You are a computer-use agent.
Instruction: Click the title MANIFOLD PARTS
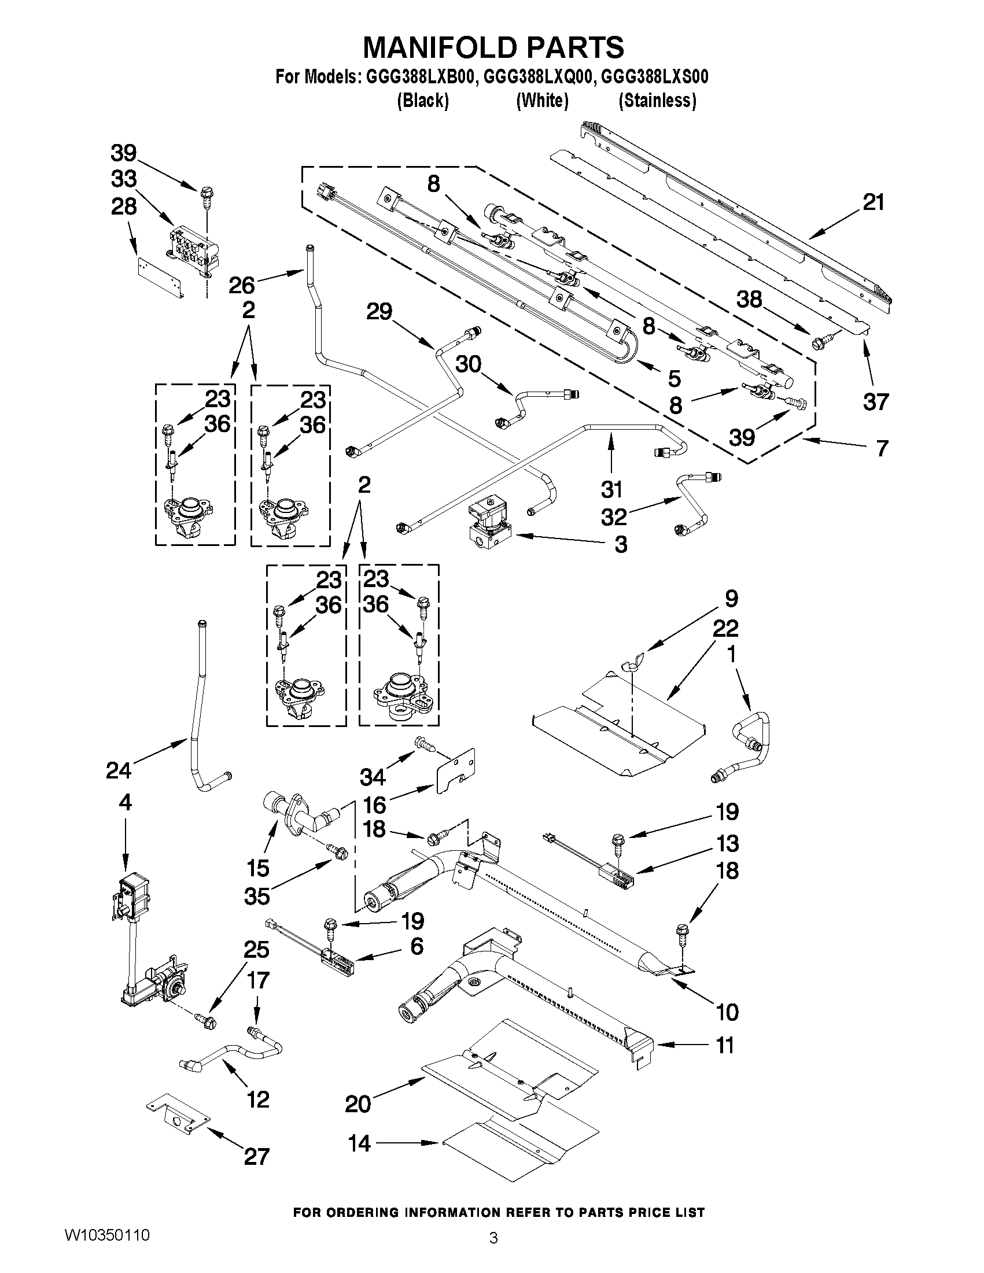(493, 47)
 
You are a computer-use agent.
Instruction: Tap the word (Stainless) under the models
(657, 101)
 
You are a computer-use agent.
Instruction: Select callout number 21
(874, 203)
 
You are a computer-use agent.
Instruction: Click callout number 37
(875, 401)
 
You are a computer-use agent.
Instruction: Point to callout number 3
(621, 544)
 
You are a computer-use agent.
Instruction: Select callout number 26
(241, 285)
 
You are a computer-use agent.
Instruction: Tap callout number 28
(124, 207)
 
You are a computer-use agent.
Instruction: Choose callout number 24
(119, 770)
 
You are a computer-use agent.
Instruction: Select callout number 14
(359, 1143)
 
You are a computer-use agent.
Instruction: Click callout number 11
(725, 1045)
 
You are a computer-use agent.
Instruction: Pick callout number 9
(731, 598)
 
